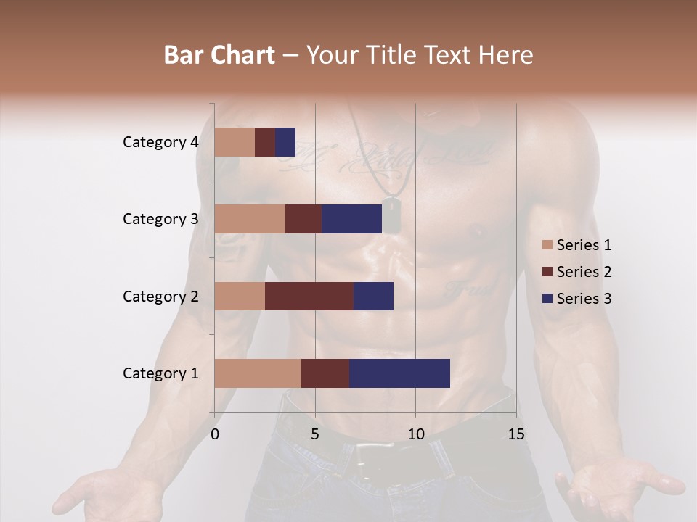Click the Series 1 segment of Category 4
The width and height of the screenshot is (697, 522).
pos(235,142)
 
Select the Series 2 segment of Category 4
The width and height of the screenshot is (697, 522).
pos(265,142)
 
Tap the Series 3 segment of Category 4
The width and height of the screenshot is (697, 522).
pos(285,142)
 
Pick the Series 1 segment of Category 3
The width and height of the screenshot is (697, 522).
pos(250,219)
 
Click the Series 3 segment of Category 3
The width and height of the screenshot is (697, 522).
pos(351,219)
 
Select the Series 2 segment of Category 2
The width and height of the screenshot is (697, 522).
pos(309,296)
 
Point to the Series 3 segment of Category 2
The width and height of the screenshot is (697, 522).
pos(373,296)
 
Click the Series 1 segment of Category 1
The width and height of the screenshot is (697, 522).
pos(258,373)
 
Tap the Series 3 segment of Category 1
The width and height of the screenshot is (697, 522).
pos(399,373)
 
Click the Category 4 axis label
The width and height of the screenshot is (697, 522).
pos(160,142)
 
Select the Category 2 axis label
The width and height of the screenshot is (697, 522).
pos(160,297)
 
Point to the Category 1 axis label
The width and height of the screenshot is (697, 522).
pos(160,373)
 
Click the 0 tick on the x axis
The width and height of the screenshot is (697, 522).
pos(215,434)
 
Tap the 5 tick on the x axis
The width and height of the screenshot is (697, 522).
pos(315,434)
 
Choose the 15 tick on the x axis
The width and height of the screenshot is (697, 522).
pos(515,434)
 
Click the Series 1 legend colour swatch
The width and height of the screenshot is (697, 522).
pos(547,245)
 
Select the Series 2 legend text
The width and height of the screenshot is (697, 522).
pos(584,272)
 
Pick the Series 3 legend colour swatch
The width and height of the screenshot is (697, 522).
pos(547,299)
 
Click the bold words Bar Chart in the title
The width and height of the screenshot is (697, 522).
pos(219,55)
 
